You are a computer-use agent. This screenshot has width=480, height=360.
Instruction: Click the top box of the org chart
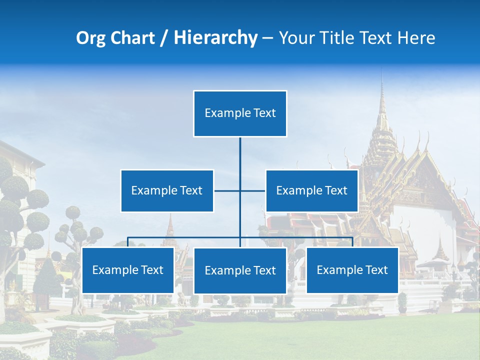(240, 113)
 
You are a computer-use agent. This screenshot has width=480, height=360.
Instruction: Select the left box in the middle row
(167, 190)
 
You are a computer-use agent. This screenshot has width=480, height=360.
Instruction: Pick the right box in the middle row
(311, 190)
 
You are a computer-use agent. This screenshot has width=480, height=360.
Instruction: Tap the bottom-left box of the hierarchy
(128, 270)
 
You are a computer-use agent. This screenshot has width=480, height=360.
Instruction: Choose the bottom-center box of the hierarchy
(240, 270)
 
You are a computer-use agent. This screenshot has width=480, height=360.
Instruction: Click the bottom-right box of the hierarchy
(352, 270)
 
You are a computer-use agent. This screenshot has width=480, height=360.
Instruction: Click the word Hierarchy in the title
(215, 37)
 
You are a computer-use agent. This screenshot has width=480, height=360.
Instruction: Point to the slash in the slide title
(163, 38)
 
